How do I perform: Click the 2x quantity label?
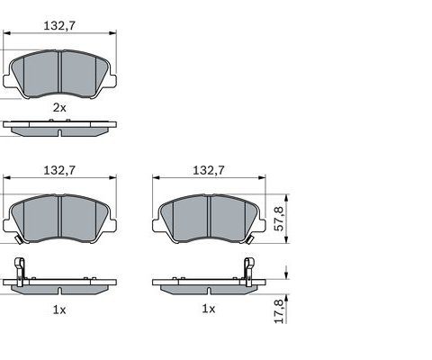click(x=59, y=107)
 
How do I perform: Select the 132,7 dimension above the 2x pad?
click(x=59, y=27)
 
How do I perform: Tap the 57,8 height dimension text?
click(x=279, y=219)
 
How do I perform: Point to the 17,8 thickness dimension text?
click(x=279, y=310)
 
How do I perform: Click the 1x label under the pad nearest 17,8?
click(x=208, y=309)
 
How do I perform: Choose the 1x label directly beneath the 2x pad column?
click(x=59, y=309)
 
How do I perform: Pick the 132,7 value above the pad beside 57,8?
click(x=208, y=169)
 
